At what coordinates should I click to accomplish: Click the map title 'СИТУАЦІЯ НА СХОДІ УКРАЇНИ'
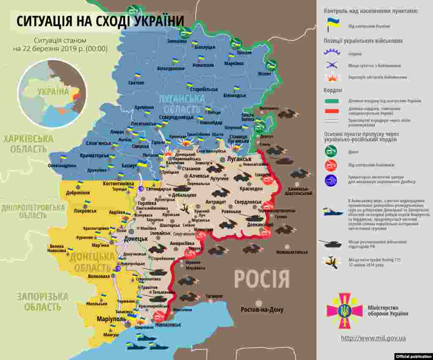pyautogui.click(x=100, y=21)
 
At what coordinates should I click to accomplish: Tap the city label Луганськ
pyautogui.click(x=239, y=159)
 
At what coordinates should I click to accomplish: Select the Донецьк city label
pyautogui.click(x=136, y=239)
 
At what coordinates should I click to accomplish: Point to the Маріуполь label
pyautogui.click(x=111, y=319)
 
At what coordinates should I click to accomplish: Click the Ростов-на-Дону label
pyautogui.click(x=262, y=310)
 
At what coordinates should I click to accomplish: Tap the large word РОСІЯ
pyautogui.click(x=262, y=280)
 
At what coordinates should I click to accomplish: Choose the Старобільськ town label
pyautogui.click(x=204, y=90)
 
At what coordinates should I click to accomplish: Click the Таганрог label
pyautogui.click(x=214, y=296)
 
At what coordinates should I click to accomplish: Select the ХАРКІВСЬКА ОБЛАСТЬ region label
pyautogui.click(x=28, y=144)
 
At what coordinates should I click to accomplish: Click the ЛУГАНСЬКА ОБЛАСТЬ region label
pyautogui.click(x=181, y=104)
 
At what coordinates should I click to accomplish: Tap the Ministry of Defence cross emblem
pyautogui.click(x=344, y=311)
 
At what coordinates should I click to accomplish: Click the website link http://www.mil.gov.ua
pyautogui.click(x=373, y=338)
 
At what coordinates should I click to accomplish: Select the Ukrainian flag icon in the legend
pyautogui.click(x=332, y=25)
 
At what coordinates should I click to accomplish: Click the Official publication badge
pyautogui.click(x=413, y=356)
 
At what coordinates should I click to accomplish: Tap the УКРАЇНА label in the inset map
pyautogui.click(x=53, y=92)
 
